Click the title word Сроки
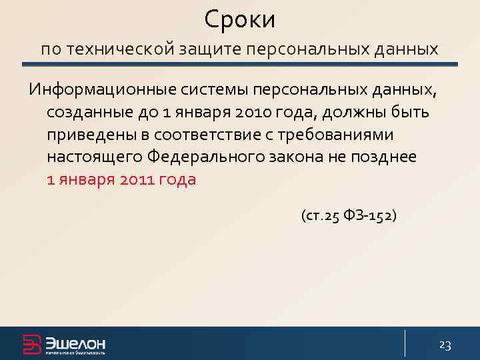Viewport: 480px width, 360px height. click(239, 19)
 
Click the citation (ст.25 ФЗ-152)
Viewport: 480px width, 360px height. click(349, 216)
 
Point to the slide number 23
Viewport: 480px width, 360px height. click(445, 345)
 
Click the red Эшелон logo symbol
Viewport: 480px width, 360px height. click(32, 344)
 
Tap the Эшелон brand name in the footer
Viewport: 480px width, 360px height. click(75, 343)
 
